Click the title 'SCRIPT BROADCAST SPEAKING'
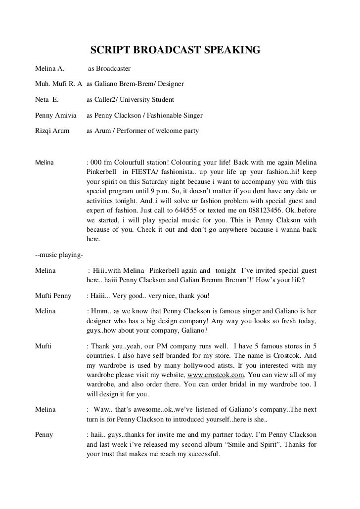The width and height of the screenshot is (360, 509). point(175,50)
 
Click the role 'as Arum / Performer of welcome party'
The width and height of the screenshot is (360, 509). point(142,132)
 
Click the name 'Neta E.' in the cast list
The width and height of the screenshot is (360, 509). point(47,100)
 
